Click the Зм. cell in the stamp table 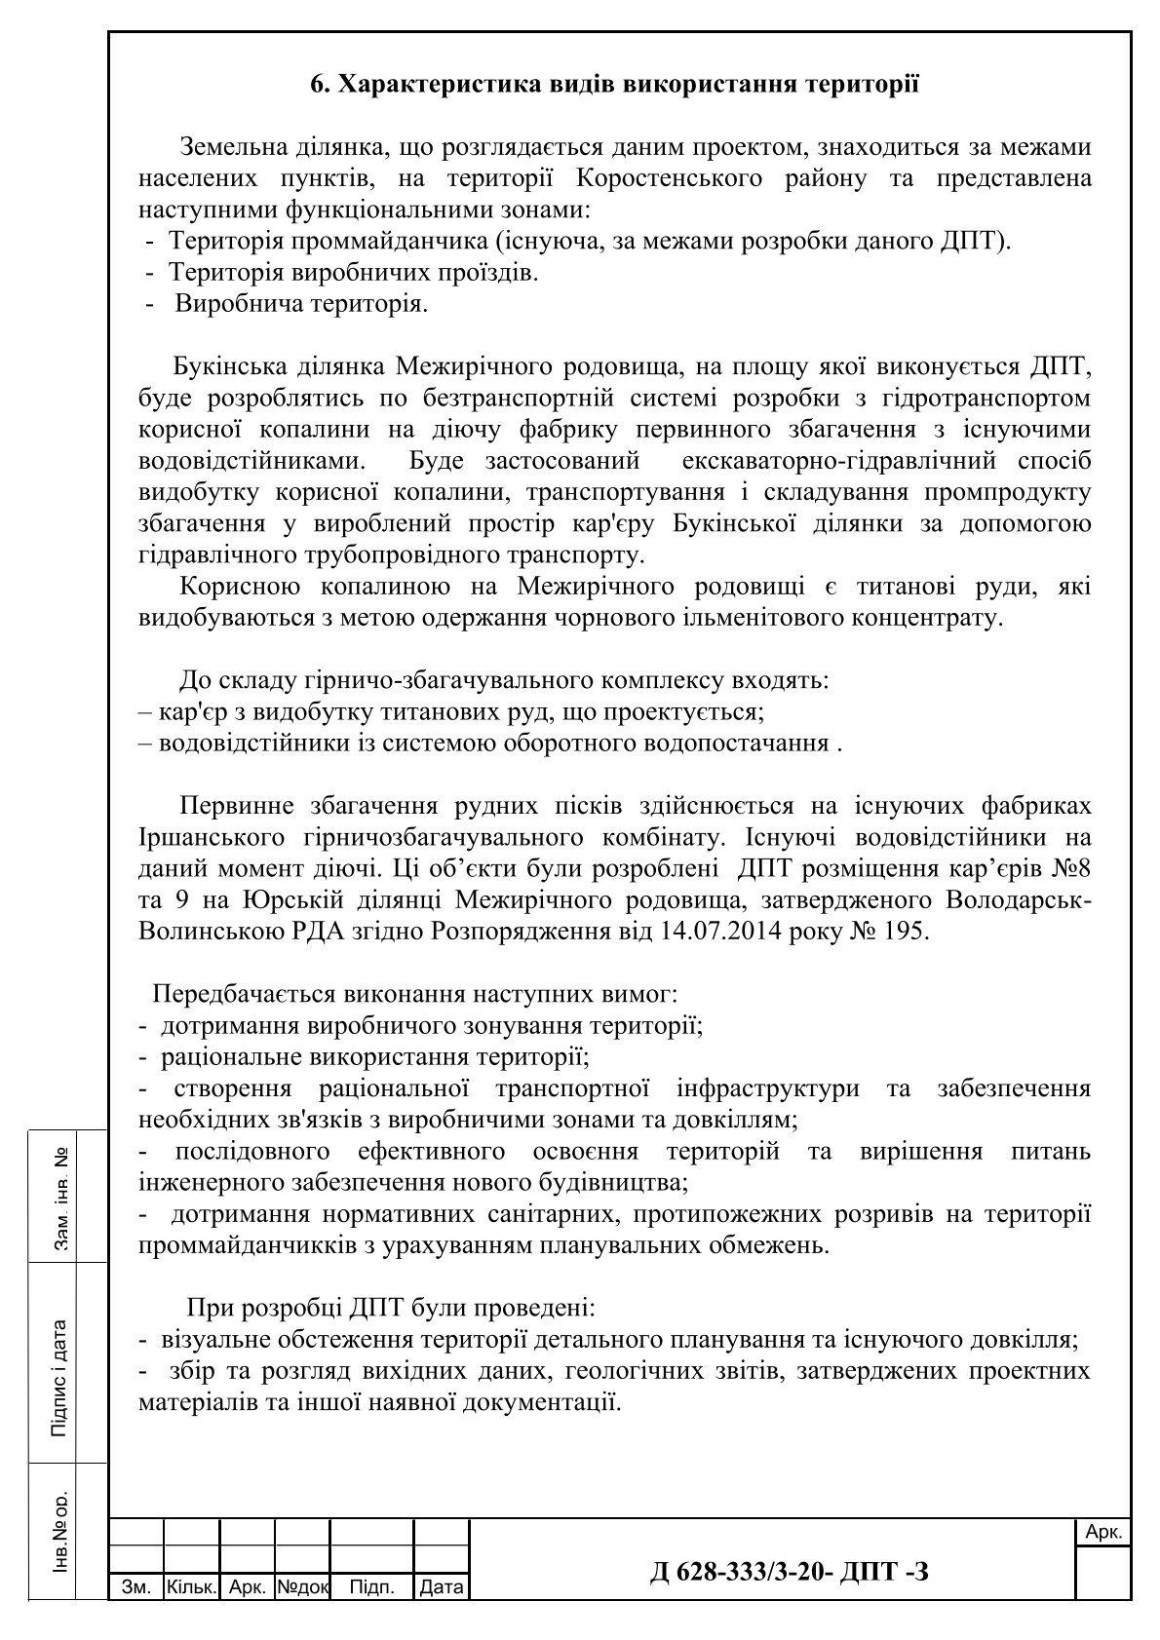135,1587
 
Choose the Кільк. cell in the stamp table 191,1587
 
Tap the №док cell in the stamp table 303,1587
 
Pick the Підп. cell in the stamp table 371,1587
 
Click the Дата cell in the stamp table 441,1587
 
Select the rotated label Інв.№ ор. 59,1533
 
